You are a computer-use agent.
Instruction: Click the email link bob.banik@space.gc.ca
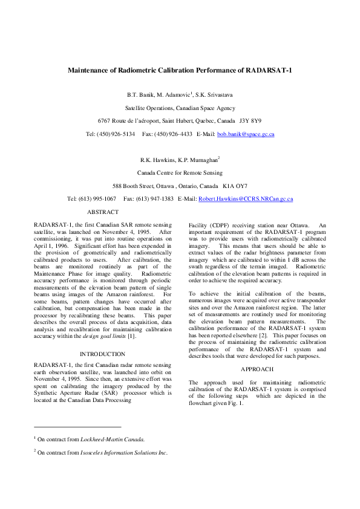246,134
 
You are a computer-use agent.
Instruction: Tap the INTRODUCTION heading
102,354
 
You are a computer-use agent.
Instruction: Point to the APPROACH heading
257,369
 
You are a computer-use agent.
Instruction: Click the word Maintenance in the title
91,70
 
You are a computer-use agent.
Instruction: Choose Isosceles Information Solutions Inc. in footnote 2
123,452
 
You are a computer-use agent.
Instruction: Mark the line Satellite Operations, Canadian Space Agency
180,108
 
